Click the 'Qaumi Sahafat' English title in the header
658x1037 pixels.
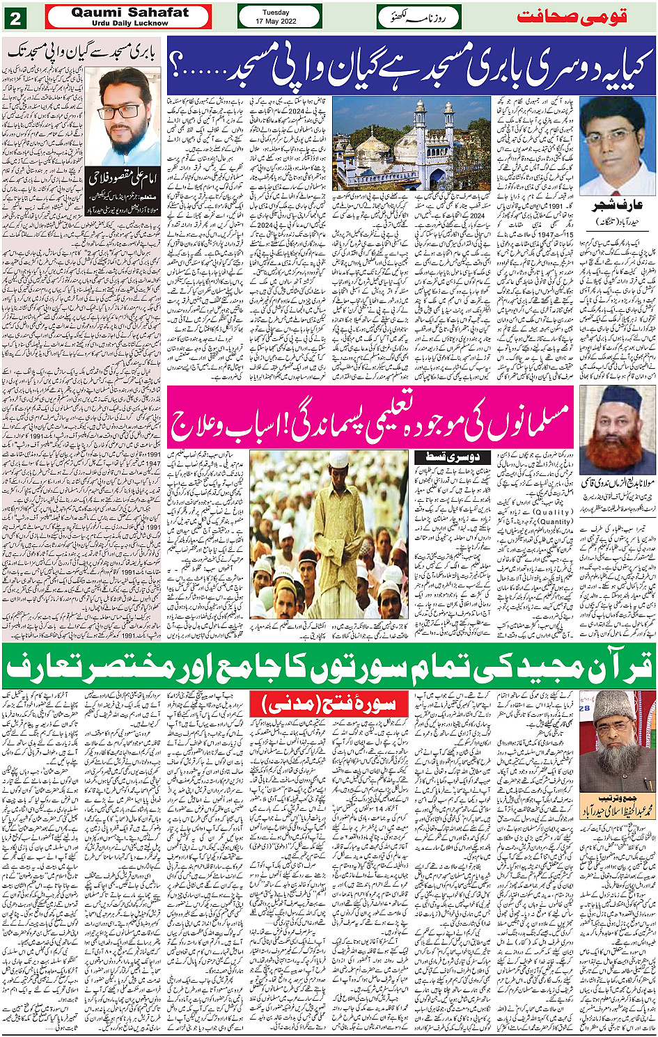[130, 12]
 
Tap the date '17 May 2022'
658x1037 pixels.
[279, 21]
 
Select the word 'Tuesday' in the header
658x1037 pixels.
[279, 12]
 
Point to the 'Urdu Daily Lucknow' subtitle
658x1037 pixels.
[130, 23]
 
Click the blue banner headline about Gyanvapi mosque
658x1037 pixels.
[411, 67]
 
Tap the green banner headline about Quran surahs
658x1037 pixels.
[329, 666]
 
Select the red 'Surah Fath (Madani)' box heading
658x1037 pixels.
[328, 704]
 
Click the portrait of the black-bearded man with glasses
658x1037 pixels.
[123, 117]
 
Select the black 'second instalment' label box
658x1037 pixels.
[443, 457]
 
